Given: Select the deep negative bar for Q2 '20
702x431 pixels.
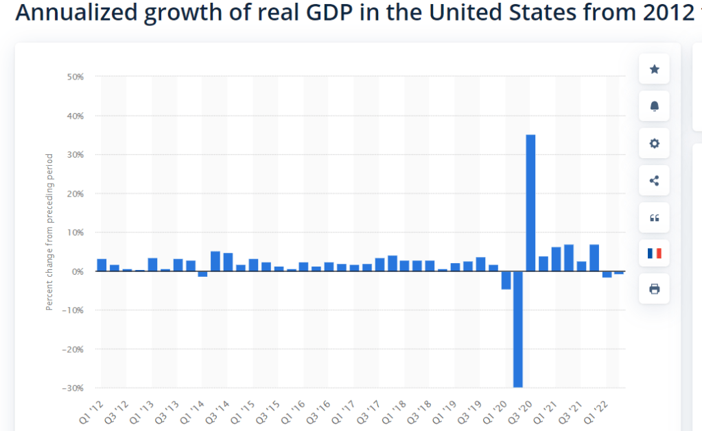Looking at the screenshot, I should tap(518, 329).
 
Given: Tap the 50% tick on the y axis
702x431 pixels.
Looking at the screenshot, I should tap(75, 77).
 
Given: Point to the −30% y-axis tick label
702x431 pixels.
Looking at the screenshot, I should tap(73, 388).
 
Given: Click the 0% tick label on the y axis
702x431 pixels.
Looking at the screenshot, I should tap(77, 271).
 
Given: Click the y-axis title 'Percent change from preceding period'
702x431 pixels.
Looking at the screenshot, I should tap(49, 232).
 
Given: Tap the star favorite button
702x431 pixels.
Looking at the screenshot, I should tap(654, 69).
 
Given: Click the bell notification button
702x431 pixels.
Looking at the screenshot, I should tap(654, 106).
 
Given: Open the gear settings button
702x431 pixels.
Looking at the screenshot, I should tap(654, 143).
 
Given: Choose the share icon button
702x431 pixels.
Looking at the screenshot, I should tap(654, 181).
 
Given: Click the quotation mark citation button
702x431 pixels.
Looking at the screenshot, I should tap(654, 218).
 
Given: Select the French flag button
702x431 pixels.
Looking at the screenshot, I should tap(654, 253).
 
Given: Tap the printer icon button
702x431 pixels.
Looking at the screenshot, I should tap(654, 289).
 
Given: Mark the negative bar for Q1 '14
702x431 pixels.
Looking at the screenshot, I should tap(202, 274).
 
